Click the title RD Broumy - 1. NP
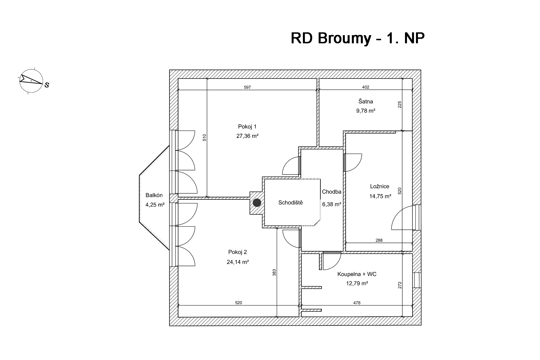[x=357, y=38]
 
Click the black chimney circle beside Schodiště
[x=257, y=203]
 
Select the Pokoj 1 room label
[x=247, y=127]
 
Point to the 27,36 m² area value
[x=247, y=136]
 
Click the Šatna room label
[x=366, y=101]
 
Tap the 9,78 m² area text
[x=366, y=111]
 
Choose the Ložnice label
[x=380, y=186]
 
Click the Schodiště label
[x=291, y=202]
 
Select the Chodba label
[x=332, y=192]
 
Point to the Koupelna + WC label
[x=357, y=274]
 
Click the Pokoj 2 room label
[x=238, y=252]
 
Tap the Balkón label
[x=154, y=195]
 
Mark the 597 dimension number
[x=247, y=87]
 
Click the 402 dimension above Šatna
[x=366, y=87]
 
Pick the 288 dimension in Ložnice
[x=379, y=240]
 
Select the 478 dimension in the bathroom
[x=357, y=303]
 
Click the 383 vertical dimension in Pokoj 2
[x=274, y=272]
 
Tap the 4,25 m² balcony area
[x=155, y=205]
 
